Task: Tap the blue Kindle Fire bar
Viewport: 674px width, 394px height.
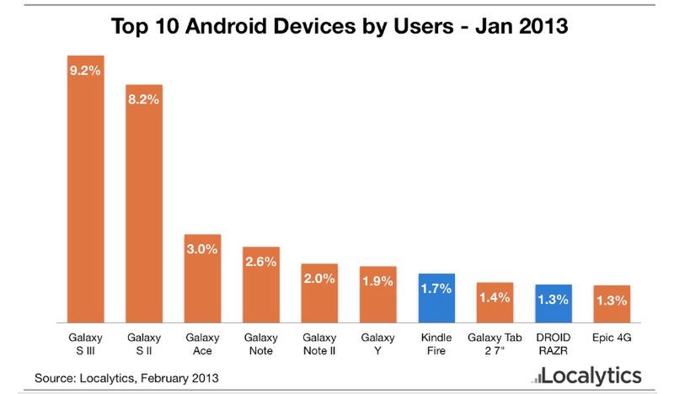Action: pyautogui.click(x=436, y=298)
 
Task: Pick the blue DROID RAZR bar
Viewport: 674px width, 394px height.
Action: pyautogui.click(x=554, y=303)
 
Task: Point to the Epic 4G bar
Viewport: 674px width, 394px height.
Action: pyautogui.click(x=612, y=304)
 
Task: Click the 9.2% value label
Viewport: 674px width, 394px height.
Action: pyautogui.click(x=85, y=72)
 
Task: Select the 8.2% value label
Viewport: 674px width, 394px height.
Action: pyautogui.click(x=144, y=99)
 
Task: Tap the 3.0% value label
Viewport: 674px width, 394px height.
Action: pyautogui.click(x=202, y=249)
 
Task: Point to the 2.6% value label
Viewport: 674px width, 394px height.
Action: pyautogui.click(x=261, y=262)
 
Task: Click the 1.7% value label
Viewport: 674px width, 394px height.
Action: pyautogui.click(x=436, y=289)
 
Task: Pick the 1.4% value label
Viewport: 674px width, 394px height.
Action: pyautogui.click(x=495, y=297)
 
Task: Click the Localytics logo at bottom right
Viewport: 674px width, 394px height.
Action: pyautogui.click(x=580, y=375)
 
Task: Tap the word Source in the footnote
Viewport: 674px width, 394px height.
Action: pyautogui.click(x=54, y=378)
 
